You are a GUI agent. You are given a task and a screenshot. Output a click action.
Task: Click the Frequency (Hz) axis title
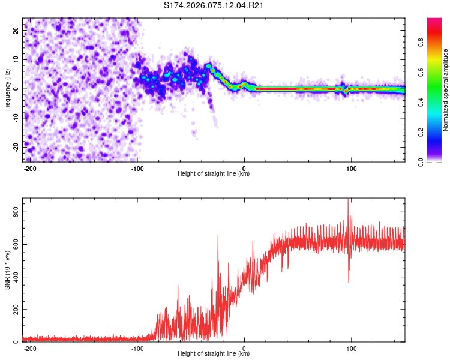click(8, 89)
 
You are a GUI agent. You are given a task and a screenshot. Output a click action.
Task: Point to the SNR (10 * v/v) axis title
click(8, 270)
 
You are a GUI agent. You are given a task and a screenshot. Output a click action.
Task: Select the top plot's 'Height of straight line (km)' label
click(214, 174)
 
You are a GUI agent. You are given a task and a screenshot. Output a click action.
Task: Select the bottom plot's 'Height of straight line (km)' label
click(214, 354)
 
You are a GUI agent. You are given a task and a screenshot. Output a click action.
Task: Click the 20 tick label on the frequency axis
click(16, 31)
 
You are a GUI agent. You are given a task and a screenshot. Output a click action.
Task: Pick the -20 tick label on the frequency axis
click(15, 146)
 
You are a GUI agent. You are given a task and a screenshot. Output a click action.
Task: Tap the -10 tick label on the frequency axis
click(15, 118)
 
